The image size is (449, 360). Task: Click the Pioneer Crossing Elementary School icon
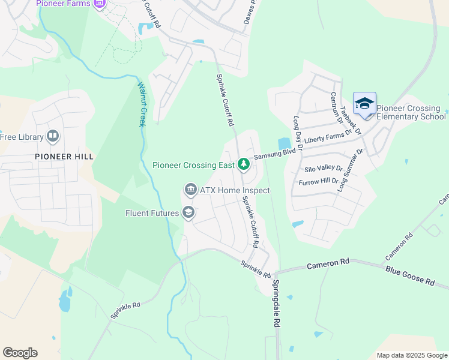pyautogui.click(x=364, y=104)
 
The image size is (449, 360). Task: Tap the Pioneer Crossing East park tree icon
pyautogui.click(x=244, y=164)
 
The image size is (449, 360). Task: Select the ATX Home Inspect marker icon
pyautogui.click(x=190, y=190)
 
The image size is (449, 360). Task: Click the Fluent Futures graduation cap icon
pyautogui.click(x=188, y=213)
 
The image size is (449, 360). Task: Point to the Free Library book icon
pyautogui.click(x=53, y=137)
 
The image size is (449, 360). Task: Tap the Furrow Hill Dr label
pyautogui.click(x=321, y=181)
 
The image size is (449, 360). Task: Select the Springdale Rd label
pyautogui.click(x=277, y=303)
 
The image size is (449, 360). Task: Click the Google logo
pyautogui.click(x=20, y=352)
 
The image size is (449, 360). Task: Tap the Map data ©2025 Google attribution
pyautogui.click(x=412, y=355)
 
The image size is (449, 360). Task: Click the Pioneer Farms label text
pyautogui.click(x=63, y=4)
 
